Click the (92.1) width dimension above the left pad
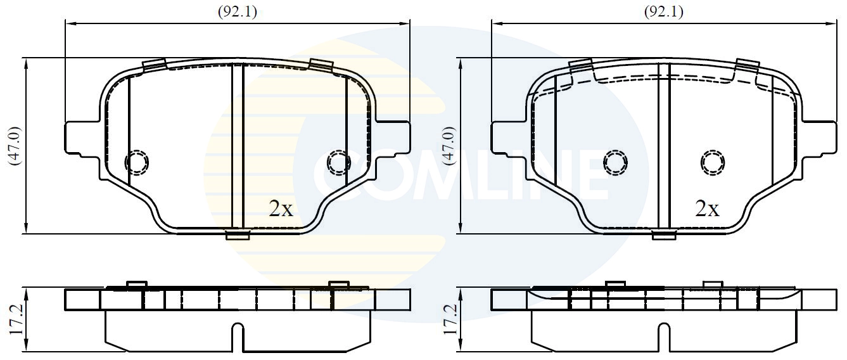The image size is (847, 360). point(238,11)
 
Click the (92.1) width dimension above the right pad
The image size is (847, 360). point(663,11)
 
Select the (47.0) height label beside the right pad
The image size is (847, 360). point(450,146)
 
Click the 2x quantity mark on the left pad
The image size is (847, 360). point(281,209)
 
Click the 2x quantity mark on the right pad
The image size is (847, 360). point(707,209)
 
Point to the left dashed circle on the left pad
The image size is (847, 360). point(137,163)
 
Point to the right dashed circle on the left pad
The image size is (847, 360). point(339,163)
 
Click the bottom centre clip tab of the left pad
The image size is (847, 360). point(238,236)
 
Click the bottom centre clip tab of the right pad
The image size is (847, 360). point(664,236)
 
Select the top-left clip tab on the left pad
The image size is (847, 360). point(154,65)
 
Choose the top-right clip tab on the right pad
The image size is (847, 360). point(747,65)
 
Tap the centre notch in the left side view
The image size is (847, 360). point(238,337)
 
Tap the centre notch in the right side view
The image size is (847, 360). point(664,337)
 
